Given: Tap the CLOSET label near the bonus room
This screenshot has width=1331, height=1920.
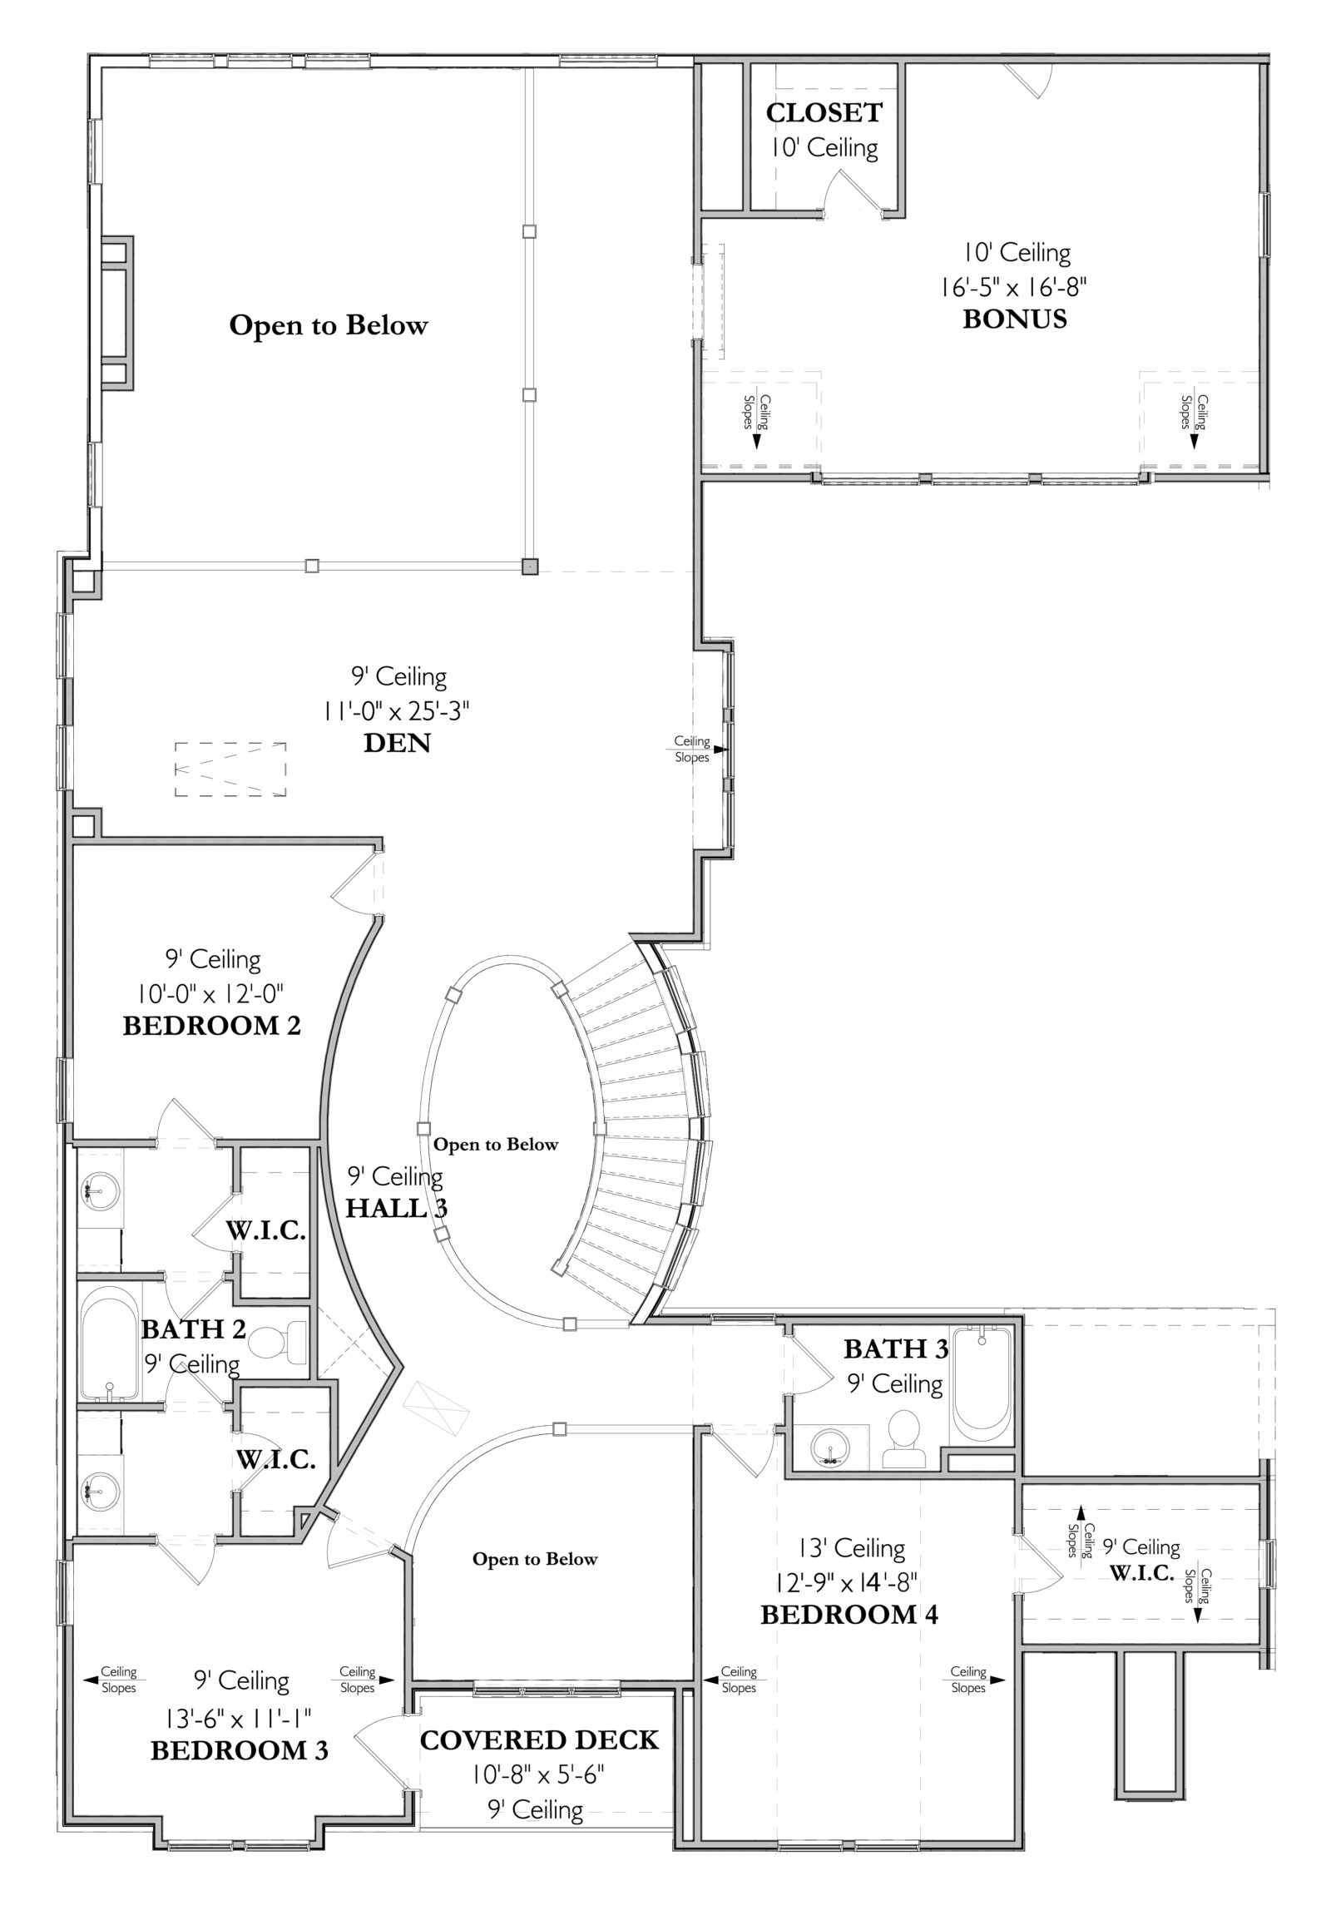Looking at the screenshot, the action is [x=824, y=112].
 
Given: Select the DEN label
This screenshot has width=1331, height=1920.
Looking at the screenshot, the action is [x=397, y=742].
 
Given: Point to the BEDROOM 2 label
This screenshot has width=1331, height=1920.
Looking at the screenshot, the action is [x=212, y=1025].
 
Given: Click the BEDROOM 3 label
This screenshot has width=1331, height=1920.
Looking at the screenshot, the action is [x=240, y=1749].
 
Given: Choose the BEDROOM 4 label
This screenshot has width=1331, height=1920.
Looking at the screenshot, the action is [x=849, y=1615].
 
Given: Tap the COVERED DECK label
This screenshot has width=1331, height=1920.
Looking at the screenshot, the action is [x=540, y=1739].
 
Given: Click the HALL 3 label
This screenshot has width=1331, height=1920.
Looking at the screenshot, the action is [x=397, y=1208].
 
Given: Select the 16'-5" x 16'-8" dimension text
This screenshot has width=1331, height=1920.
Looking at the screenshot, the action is [x=1013, y=287].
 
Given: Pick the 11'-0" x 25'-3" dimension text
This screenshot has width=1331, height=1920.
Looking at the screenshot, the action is [x=397, y=710].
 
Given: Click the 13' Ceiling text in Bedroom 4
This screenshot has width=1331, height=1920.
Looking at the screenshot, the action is [x=852, y=1549].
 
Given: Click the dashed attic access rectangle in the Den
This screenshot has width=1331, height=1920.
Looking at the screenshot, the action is [x=230, y=769].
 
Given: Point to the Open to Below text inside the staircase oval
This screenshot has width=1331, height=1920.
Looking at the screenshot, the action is [x=495, y=1145].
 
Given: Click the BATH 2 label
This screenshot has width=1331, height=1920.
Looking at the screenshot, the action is [x=194, y=1329].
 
